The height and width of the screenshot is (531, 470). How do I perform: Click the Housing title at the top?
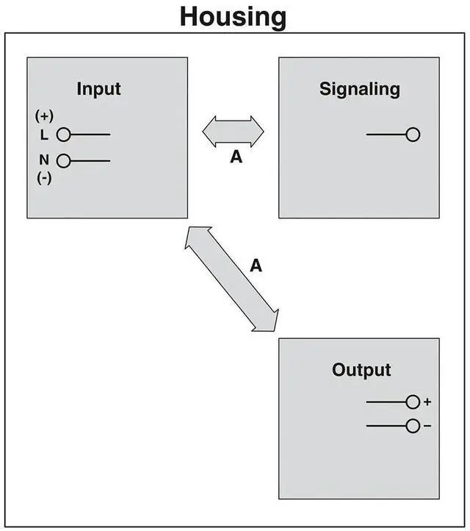pos(234,16)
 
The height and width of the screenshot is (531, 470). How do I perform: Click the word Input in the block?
pos(98,90)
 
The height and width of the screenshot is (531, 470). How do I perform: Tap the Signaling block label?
pos(359,90)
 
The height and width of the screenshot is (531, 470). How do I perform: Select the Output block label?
pos(361,369)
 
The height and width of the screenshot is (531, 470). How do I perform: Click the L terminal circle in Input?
pos(63,135)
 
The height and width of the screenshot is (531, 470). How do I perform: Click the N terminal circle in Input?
pos(63,160)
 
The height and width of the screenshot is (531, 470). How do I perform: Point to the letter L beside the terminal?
pos(44,135)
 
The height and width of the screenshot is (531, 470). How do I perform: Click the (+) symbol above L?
pos(43,116)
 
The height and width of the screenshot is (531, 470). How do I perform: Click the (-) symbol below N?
pos(43,178)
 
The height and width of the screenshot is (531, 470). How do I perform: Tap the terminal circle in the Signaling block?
pos(413,135)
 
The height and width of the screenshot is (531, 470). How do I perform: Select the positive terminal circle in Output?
pos(413,402)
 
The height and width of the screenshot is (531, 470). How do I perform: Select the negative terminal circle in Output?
pos(413,426)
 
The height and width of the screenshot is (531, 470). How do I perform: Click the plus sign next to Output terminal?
pos(427,402)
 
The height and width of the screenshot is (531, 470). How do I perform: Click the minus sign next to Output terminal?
pos(427,427)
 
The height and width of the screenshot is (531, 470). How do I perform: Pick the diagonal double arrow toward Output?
pos(232,278)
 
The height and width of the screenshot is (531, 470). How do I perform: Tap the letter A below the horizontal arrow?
pos(236,157)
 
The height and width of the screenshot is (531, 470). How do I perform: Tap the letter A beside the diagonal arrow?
pos(256,265)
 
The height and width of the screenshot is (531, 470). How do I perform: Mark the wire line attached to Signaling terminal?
pos(386,135)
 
